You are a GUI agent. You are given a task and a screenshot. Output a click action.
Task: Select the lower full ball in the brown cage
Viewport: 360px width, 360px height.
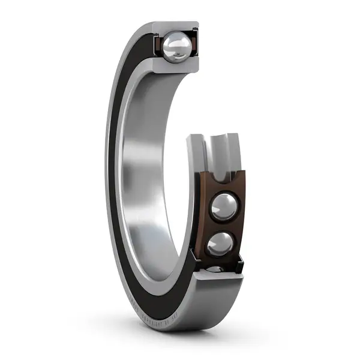coord(220,244)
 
